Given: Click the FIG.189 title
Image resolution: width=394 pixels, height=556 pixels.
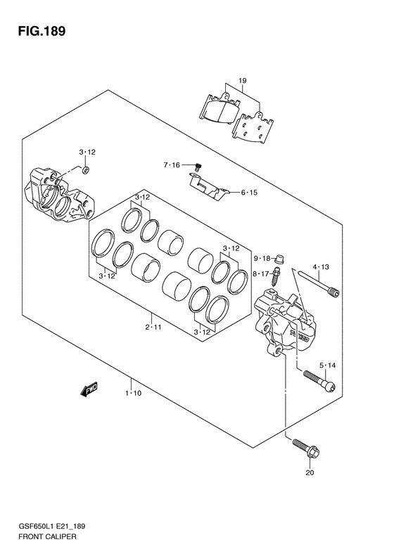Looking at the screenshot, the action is click(42, 31).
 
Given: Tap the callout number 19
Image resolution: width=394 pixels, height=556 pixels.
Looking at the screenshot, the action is click(243, 81).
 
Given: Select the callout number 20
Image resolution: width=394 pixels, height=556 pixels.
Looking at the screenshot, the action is click(310, 472).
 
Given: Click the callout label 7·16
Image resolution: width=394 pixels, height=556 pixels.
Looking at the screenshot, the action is click(172, 165).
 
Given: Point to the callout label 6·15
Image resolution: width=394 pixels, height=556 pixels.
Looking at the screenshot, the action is click(249, 193).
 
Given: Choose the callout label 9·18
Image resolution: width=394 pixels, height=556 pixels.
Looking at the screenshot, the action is click(262, 259).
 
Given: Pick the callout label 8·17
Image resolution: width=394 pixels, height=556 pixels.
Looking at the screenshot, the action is click(262, 273).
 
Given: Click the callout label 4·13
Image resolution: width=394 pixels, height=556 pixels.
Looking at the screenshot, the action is click(321, 267).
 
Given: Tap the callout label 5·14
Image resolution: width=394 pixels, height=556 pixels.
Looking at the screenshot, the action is click(327, 366).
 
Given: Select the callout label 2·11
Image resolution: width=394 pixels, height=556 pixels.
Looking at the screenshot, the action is click(153, 327).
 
